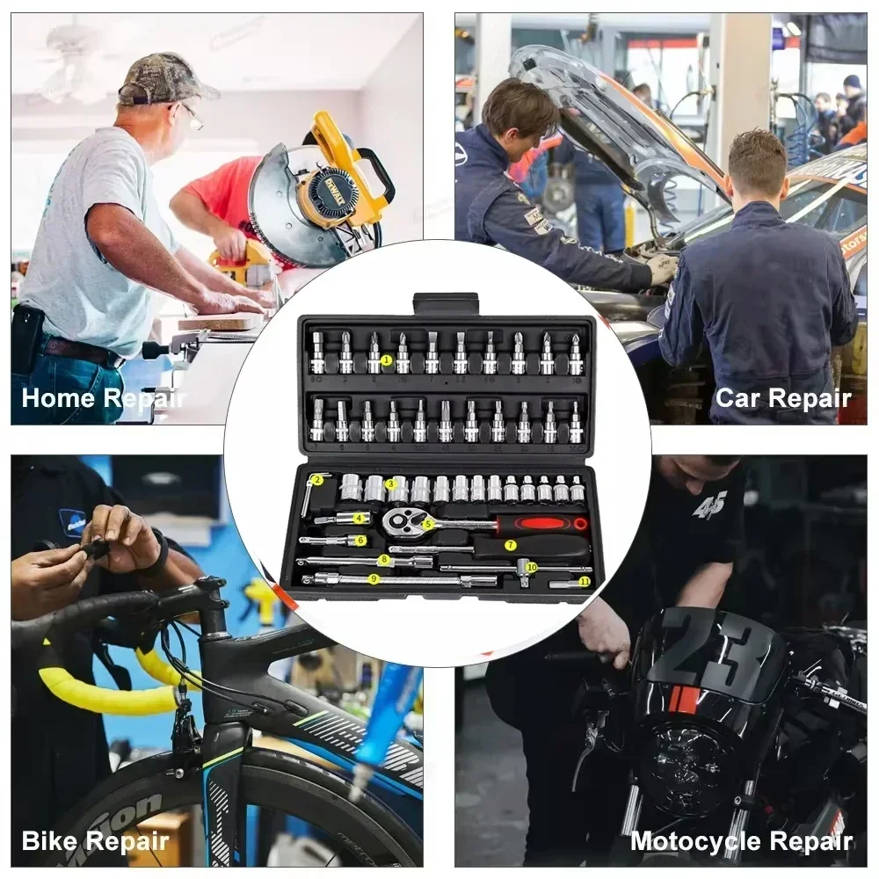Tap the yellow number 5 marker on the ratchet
pos(428,523)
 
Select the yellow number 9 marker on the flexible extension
pos(374,578)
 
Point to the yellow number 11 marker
pos(585,582)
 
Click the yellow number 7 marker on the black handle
pos(510,545)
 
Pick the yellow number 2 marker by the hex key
pos(317,480)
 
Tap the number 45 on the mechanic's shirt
pos(709,505)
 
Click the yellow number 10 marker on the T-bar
pos(532,568)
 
